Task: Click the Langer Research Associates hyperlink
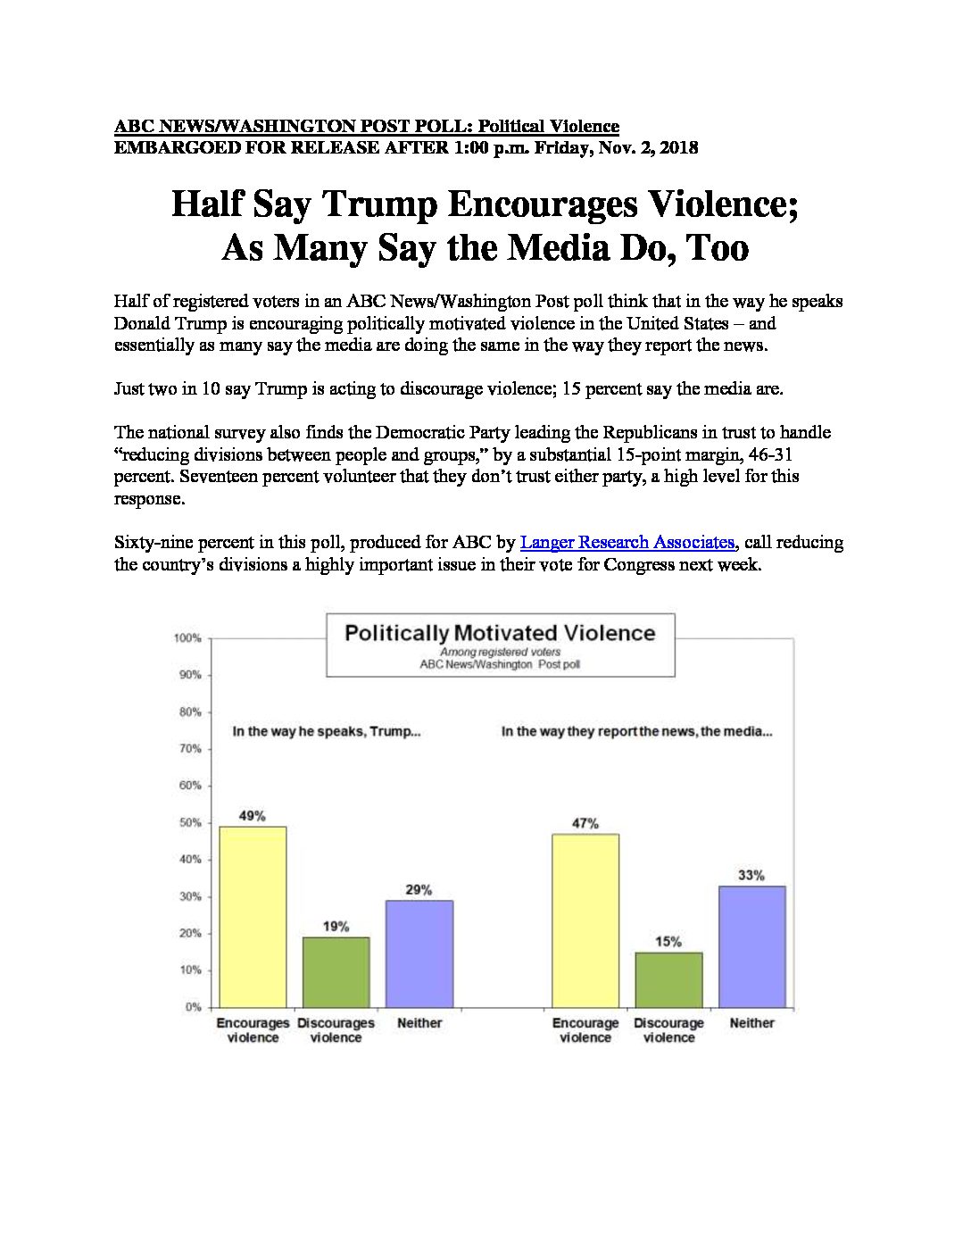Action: pyautogui.click(x=627, y=543)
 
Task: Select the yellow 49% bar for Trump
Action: pyautogui.click(x=253, y=917)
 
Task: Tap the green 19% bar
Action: pyautogui.click(x=336, y=972)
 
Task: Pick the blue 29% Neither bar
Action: pyautogui.click(x=419, y=953)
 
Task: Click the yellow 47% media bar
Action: pyautogui.click(x=585, y=921)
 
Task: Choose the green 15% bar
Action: pyautogui.click(x=668, y=980)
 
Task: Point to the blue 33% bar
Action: pyautogui.click(x=751, y=947)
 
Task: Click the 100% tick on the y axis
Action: pyautogui.click(x=188, y=638)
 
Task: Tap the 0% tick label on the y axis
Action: pyautogui.click(x=193, y=1008)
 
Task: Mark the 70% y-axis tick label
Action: pyautogui.click(x=190, y=749)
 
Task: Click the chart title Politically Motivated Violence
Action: pyautogui.click(x=501, y=634)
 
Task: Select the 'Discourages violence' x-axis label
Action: pyautogui.click(x=336, y=1030)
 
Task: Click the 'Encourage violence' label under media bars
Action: pyautogui.click(x=585, y=1030)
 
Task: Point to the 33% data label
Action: pyautogui.click(x=751, y=876)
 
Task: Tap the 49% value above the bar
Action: pyautogui.click(x=253, y=816)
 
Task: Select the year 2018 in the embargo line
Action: pyautogui.click(x=679, y=148)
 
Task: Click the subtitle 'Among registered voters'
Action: pyautogui.click(x=501, y=653)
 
